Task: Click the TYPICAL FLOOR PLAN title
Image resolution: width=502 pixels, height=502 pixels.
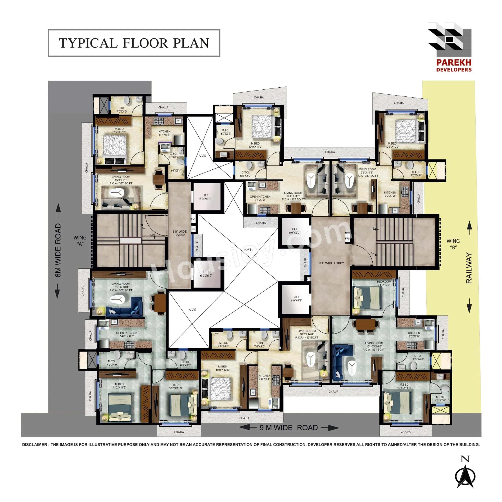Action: click(134, 43)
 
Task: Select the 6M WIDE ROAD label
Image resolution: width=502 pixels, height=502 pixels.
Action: click(58, 250)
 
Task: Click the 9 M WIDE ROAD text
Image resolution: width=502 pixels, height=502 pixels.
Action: click(288, 428)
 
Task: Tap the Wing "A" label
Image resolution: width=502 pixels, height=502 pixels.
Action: click(80, 241)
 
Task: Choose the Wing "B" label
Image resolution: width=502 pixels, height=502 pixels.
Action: click(453, 244)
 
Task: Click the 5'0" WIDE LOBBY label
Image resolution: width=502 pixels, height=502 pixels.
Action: click(179, 233)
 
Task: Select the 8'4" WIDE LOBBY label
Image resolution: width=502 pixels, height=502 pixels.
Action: click(331, 263)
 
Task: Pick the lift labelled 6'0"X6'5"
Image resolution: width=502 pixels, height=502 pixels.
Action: click(296, 299)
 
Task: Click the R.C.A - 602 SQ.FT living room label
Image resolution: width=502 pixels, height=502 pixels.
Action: click(121, 290)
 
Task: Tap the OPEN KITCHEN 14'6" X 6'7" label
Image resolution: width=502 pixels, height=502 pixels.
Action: click(127, 334)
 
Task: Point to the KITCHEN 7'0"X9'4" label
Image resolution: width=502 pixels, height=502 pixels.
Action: click(264, 377)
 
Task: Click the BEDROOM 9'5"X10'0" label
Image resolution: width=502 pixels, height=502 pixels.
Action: click(384, 283)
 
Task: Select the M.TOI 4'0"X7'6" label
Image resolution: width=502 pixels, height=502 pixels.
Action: click(226, 132)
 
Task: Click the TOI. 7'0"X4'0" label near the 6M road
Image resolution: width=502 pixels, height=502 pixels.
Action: click(122, 110)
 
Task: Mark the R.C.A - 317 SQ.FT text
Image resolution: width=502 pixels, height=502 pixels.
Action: click(367, 176)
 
